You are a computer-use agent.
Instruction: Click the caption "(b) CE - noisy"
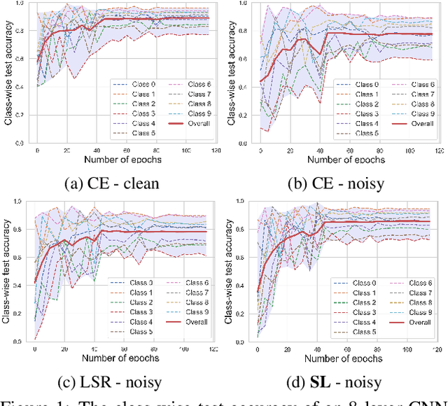pyautogui.click(x=333, y=183)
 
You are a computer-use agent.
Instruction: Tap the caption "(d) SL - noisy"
pyautogui.click(x=333, y=383)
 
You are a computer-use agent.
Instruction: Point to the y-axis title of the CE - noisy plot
pyautogui.click(x=230, y=73)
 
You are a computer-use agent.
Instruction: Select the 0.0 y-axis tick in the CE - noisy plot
pyautogui.click(x=246, y=143)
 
